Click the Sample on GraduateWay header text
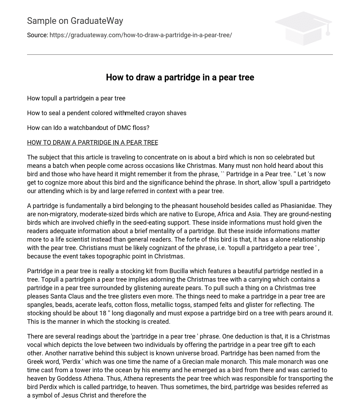(75, 21)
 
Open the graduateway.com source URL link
(141, 35)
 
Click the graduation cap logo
(303, 28)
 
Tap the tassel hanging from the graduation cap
(328, 32)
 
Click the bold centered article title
(180, 77)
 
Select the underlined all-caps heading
(92, 143)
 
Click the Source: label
(37, 35)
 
